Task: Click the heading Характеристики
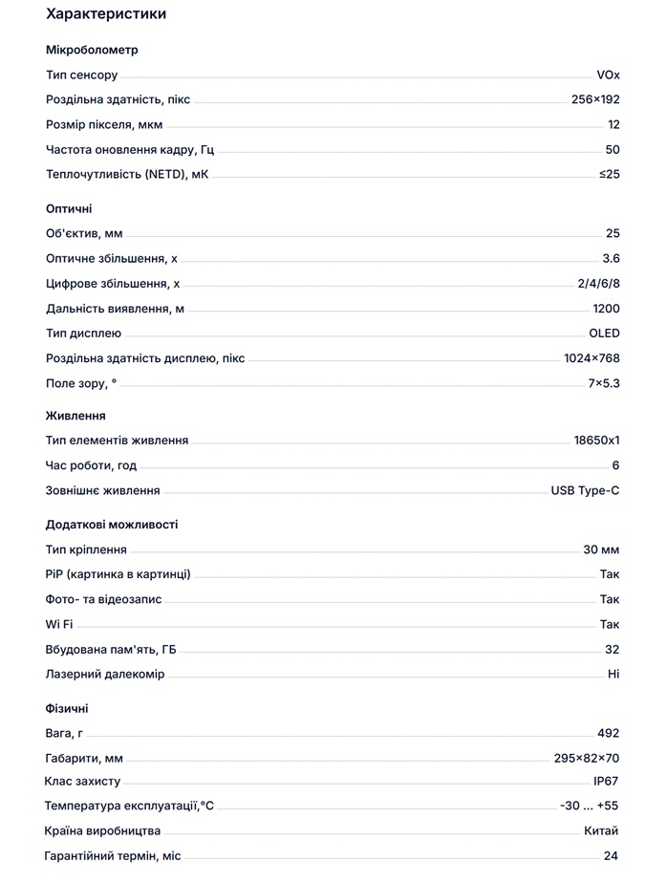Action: [105, 14]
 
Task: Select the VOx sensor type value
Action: [608, 75]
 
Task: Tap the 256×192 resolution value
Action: [594, 99]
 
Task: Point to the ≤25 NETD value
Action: [609, 174]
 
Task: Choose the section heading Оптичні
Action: [69, 208]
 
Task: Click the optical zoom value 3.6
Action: [611, 258]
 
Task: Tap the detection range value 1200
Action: [606, 309]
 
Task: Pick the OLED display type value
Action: [604, 334]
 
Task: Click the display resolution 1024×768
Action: [591, 358]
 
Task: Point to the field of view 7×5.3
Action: [604, 383]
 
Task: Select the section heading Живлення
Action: [75, 416]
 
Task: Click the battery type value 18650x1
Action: [596, 441]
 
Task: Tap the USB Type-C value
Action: [585, 491]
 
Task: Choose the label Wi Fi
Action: [59, 625]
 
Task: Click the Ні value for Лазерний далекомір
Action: [613, 675]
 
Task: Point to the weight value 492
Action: [608, 733]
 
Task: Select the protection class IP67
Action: [606, 782]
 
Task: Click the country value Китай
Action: [601, 831]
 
